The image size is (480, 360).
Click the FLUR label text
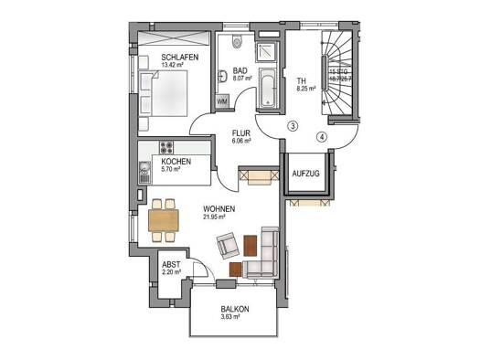(x=240, y=132)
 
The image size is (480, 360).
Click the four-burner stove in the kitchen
(x=168, y=147)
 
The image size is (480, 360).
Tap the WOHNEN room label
(x=219, y=209)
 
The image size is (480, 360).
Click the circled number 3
(x=293, y=125)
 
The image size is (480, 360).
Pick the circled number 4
(x=321, y=138)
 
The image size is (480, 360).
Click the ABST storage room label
(x=171, y=263)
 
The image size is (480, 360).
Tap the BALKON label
(x=234, y=309)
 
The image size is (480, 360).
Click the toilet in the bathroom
(x=237, y=42)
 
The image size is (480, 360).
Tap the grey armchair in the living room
(x=227, y=244)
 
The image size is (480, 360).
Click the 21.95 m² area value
(x=219, y=217)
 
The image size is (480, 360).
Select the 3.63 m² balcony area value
(x=234, y=318)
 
